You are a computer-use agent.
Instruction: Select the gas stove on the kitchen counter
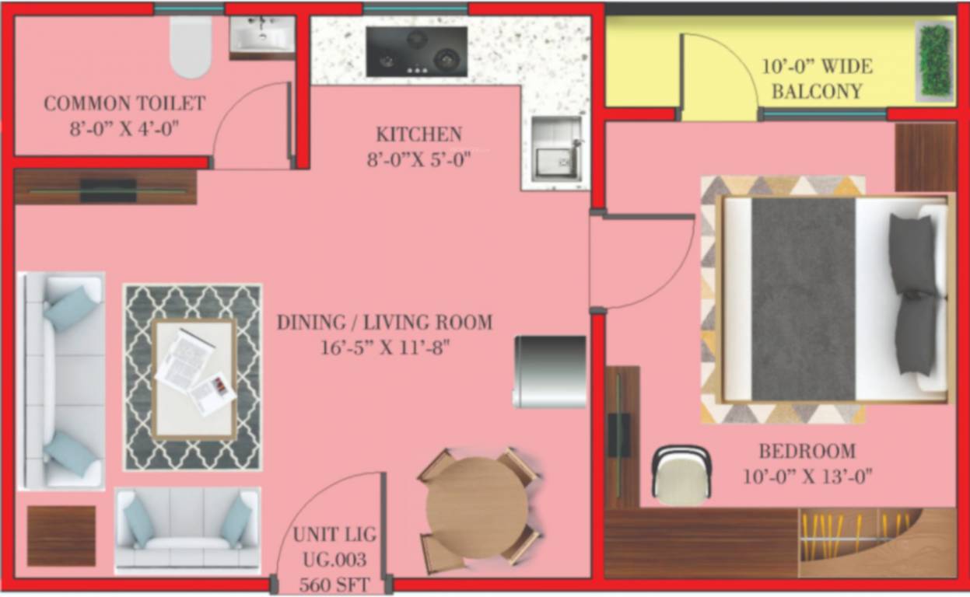417,52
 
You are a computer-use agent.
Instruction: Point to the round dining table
477,505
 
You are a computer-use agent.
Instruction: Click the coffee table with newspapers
194,377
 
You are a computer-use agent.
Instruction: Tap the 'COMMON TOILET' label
124,103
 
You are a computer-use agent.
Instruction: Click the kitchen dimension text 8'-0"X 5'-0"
418,160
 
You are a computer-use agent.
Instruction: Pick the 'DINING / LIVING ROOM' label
384,322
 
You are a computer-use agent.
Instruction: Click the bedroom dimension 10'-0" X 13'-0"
807,476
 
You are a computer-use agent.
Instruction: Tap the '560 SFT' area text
334,583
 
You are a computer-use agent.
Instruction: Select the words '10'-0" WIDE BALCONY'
816,78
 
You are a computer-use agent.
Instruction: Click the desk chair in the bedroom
681,475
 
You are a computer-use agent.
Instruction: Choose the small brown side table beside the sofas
61,536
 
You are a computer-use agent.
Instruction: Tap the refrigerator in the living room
549,372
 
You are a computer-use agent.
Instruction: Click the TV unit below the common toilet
106,187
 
